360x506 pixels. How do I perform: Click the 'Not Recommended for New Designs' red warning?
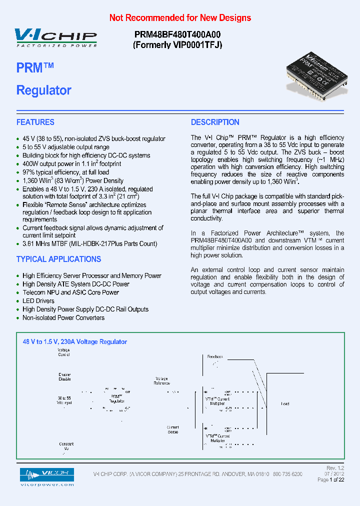(x=180, y=18)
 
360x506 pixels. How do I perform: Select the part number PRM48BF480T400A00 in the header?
(x=177, y=34)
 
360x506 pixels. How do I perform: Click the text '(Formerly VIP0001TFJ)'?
(x=177, y=45)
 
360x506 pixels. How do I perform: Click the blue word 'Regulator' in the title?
(x=44, y=90)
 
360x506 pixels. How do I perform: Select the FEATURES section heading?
(x=35, y=122)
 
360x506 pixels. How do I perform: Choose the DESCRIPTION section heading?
(x=215, y=122)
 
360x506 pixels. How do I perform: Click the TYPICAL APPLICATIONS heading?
(x=58, y=259)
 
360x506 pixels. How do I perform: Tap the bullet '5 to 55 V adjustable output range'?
(x=65, y=147)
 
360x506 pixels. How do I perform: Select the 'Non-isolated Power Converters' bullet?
(x=63, y=318)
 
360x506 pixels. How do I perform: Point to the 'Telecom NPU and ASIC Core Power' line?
(x=70, y=292)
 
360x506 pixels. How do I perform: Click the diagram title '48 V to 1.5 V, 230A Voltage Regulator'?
(x=75, y=342)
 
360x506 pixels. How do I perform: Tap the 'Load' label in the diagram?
(x=285, y=403)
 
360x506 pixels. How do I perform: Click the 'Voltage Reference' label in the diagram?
(x=162, y=381)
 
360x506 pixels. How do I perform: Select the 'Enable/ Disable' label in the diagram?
(x=64, y=376)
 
